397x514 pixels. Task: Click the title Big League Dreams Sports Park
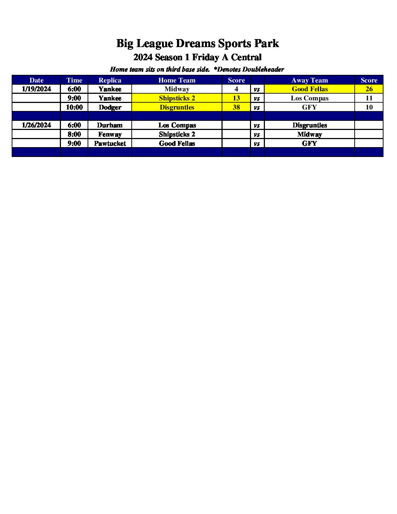click(197, 43)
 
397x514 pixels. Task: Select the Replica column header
click(109, 80)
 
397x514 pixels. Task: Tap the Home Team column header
click(177, 80)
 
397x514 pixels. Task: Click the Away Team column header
click(309, 80)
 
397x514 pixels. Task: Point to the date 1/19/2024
click(36, 89)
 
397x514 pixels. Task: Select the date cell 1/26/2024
click(36, 125)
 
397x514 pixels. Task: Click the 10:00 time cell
click(74, 107)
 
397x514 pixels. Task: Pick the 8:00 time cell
click(74, 134)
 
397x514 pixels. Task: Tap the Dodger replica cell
click(109, 107)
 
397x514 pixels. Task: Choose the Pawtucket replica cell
click(109, 143)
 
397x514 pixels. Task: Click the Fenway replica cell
click(109, 134)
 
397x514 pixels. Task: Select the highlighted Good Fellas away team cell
click(309, 89)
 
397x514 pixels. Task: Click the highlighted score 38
click(236, 107)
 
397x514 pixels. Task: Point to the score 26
click(369, 89)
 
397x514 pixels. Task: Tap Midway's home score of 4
click(236, 89)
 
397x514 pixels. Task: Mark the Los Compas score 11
click(369, 98)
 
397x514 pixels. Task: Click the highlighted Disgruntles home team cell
click(177, 107)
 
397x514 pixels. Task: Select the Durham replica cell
click(109, 125)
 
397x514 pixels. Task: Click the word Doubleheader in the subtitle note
click(263, 69)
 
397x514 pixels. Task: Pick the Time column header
click(74, 80)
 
